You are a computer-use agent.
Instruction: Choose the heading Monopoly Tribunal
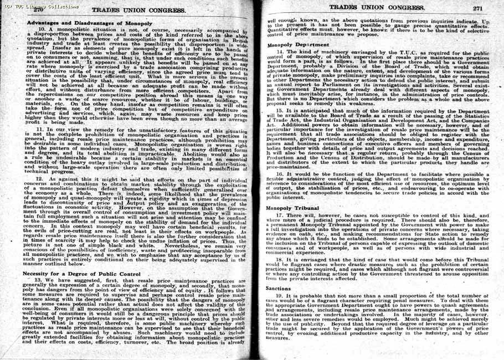pos(291,208)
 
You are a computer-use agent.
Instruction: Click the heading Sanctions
pos(278,289)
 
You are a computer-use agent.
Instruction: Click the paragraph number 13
pos(40,281)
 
